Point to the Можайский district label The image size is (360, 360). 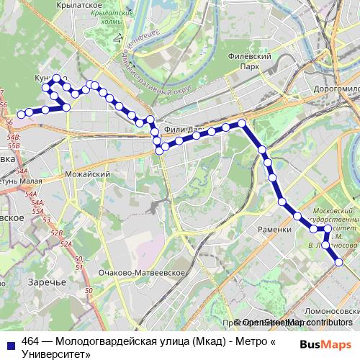pos(87,174)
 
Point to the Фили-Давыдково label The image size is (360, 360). pos(184,130)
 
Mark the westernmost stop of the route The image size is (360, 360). pos(21,113)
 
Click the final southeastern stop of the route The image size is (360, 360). pos(339,262)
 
